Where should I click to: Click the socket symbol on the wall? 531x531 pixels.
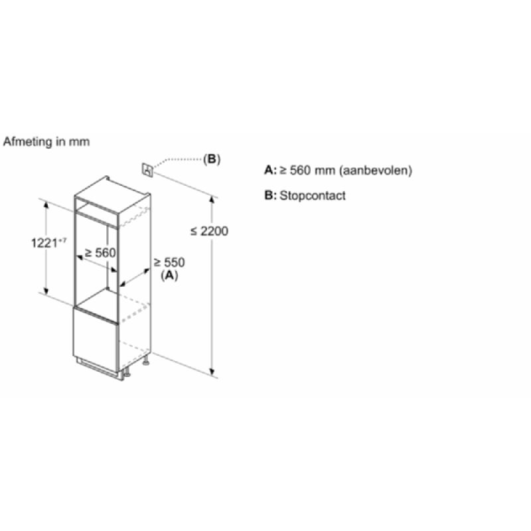147,170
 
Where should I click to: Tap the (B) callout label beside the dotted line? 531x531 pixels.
212,159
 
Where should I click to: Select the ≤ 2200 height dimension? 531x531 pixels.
209,231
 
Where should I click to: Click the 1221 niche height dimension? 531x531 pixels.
48,243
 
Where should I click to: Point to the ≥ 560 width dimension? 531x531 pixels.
100,253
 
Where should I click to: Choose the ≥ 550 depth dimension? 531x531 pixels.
169,262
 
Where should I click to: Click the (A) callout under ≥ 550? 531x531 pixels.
169,275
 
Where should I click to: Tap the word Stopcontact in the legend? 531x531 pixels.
313,196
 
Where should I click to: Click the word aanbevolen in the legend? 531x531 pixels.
376,171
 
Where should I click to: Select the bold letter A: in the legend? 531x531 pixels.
270,170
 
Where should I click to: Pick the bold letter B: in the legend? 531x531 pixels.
270,195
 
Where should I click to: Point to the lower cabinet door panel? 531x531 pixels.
96,338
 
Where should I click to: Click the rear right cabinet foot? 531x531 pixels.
146,362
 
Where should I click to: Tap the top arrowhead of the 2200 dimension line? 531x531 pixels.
212,199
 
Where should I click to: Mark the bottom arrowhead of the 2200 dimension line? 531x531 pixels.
212,372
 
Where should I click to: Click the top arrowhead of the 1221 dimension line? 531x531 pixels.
46,204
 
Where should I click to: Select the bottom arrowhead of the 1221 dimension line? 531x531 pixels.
46,291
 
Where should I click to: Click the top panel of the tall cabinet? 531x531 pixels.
112,195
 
